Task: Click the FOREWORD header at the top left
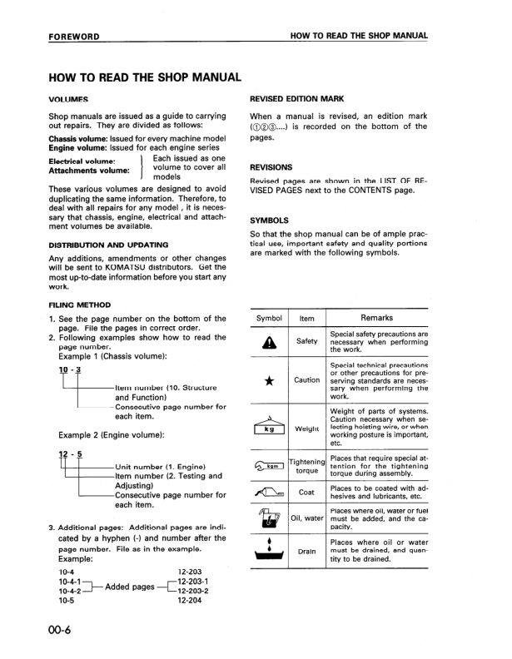pos(74,37)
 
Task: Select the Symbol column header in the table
pos(269,318)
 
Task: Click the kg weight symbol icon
pos(269,426)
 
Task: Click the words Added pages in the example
pos(129,587)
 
